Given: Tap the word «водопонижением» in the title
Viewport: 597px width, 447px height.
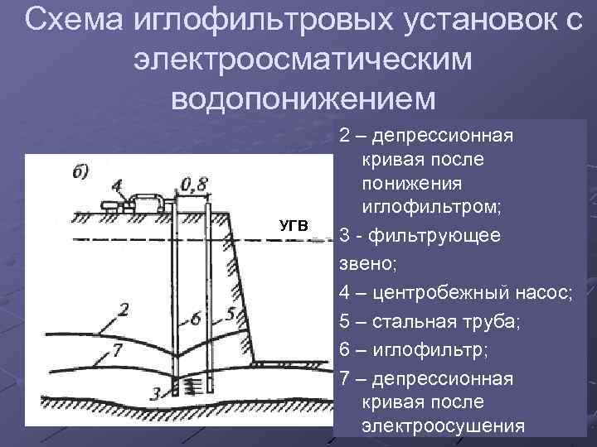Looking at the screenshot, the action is pos(302,98).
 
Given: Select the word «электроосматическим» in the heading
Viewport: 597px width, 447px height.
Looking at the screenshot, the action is pos(302,59).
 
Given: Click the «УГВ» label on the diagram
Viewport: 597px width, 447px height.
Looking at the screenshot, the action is pos(293,225).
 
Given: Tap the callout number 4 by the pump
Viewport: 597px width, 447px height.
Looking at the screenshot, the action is pos(116,184).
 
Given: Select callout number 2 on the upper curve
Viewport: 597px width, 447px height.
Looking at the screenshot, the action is pos(124,311).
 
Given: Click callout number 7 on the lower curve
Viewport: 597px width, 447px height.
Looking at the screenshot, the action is pos(119,351).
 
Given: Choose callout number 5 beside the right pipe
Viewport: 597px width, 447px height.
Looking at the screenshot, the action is pos(231,315).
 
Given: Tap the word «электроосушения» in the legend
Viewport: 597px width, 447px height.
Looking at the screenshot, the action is pos(444,426).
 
